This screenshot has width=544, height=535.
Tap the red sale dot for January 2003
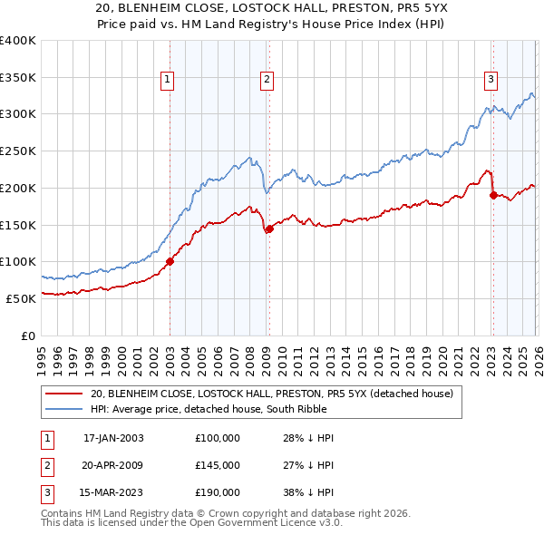click(170, 262)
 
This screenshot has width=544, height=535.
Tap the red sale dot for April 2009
click(269, 229)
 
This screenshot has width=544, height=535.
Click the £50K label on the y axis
click(21, 298)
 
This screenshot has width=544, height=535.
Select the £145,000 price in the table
click(218, 465)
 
